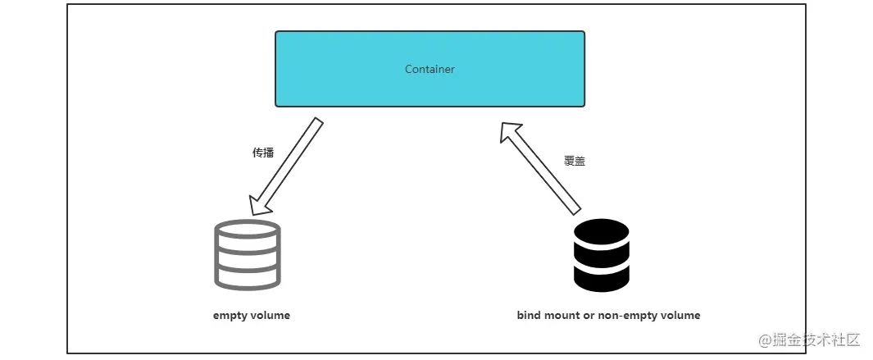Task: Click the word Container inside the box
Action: pyautogui.click(x=430, y=70)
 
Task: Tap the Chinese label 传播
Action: pyautogui.click(x=263, y=153)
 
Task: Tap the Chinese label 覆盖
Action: pyautogui.click(x=575, y=162)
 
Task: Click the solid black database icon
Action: pyautogui.click(x=602, y=255)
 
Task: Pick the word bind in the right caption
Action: pyautogui.click(x=530, y=316)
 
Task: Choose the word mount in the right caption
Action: pyautogui.click(x=565, y=316)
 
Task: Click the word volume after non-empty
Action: pyautogui.click(x=681, y=316)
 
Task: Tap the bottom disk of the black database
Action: pyautogui.click(x=602, y=279)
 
